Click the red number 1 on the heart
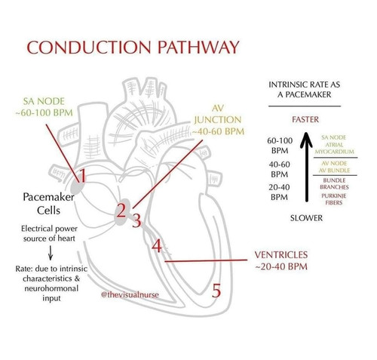coord(82,175)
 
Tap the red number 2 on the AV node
coord(121,211)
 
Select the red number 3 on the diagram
coord(136,220)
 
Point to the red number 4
coord(157,246)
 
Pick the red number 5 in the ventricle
coord(216,291)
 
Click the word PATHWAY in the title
coord(198,47)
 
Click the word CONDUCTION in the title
coord(89,47)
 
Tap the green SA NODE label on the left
coord(44,101)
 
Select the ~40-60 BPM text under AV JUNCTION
coord(218,131)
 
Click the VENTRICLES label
coord(281,254)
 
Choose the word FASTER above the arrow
coord(305,119)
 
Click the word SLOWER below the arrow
coord(306,218)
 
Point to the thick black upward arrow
coord(306,167)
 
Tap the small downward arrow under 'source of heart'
coord(51,253)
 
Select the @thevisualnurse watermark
coord(130,294)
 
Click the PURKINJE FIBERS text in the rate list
coord(334,199)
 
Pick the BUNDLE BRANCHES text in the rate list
coord(334,183)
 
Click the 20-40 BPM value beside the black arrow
coord(279,192)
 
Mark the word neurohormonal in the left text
coord(51,288)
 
